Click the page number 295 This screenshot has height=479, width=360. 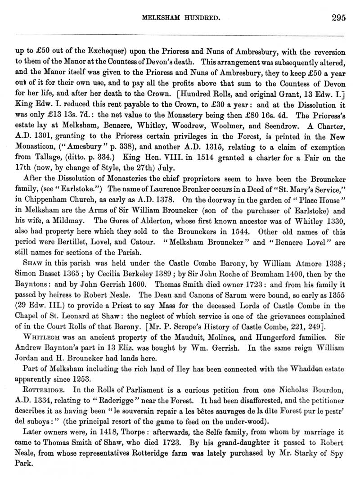tap(337, 18)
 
